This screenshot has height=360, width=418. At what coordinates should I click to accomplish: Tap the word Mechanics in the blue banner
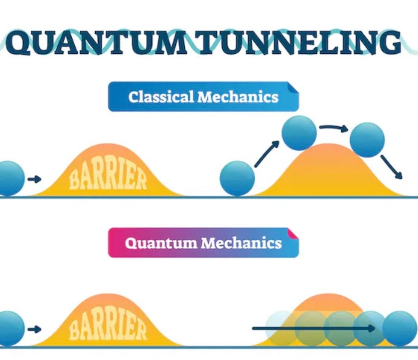pos(238,97)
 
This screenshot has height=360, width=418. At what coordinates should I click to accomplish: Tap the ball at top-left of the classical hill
pos(299,133)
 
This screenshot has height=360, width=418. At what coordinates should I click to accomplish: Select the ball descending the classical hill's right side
pos(367,140)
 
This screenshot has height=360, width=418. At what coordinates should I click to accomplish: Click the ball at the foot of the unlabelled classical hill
pos(237,179)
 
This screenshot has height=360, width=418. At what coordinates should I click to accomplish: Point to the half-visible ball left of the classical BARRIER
pos(10,179)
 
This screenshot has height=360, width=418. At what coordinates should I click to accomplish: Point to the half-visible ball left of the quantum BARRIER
pos(10,328)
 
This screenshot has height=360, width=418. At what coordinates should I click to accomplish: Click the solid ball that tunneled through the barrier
pos(400,328)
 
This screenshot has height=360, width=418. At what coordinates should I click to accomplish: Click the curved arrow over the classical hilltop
pos(333,128)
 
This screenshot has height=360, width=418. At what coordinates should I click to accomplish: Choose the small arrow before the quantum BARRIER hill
pos(34,329)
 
